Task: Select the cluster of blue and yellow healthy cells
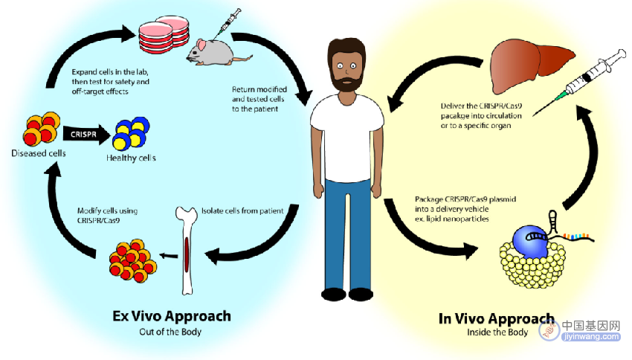tap(131, 133)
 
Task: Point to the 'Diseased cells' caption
tap(38, 153)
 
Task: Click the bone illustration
tap(187, 250)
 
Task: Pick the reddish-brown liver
tap(531, 65)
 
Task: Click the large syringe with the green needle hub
tap(581, 82)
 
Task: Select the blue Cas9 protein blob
tap(530, 241)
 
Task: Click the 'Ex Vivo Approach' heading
tap(172, 316)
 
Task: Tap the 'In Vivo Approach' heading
tap(497, 318)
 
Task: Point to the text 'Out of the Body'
tap(170, 332)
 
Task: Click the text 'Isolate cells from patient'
tap(242, 210)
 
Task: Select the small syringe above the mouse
tap(227, 23)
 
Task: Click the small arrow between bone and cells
tap(169, 255)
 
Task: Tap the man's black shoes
tap(347, 294)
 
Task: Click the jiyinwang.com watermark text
tap(591, 336)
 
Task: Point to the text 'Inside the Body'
tap(497, 332)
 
